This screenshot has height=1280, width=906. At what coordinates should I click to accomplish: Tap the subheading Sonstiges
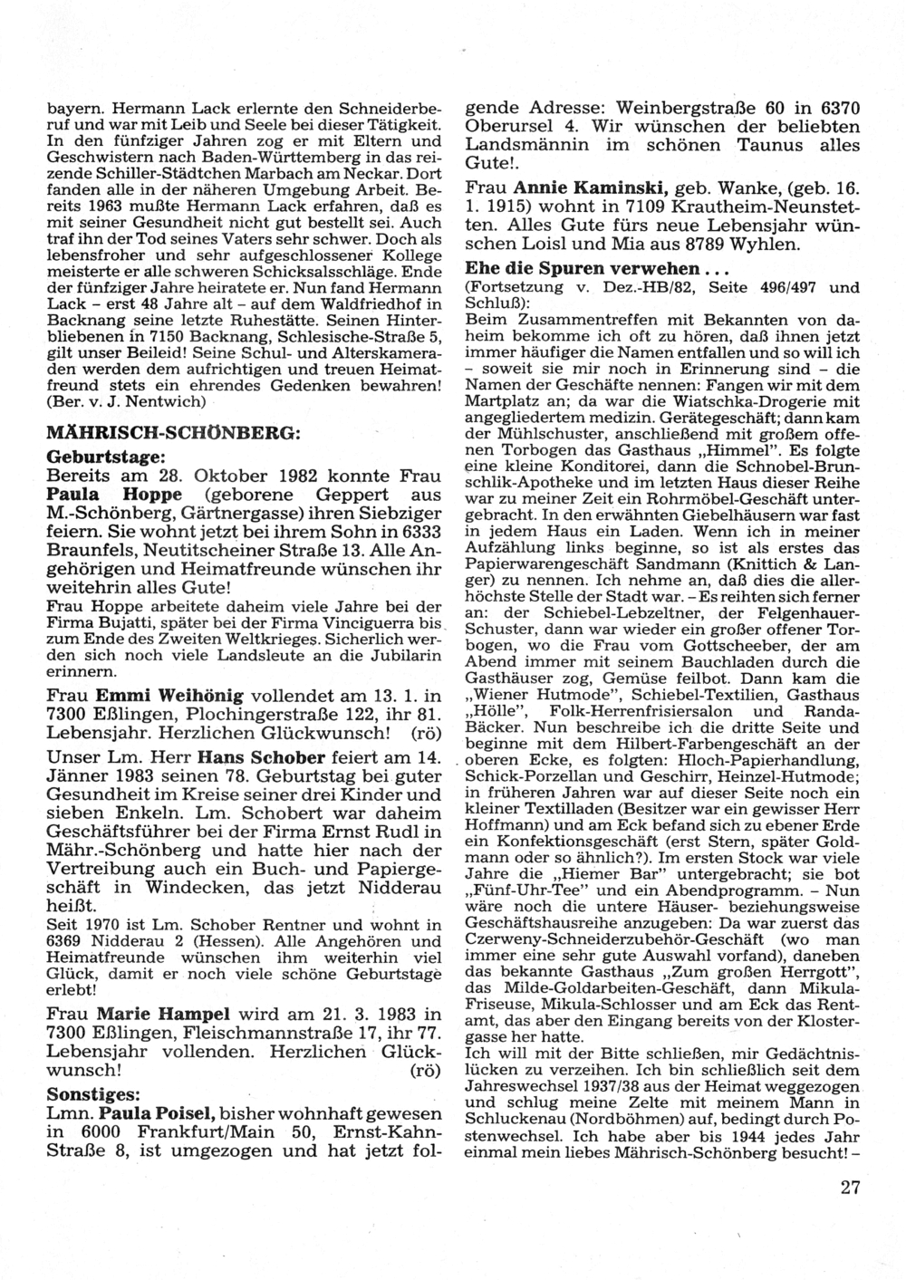click(x=106, y=1092)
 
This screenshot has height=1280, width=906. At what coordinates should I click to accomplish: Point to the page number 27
click(x=849, y=1188)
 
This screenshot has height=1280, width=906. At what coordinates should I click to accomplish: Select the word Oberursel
click(x=510, y=128)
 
